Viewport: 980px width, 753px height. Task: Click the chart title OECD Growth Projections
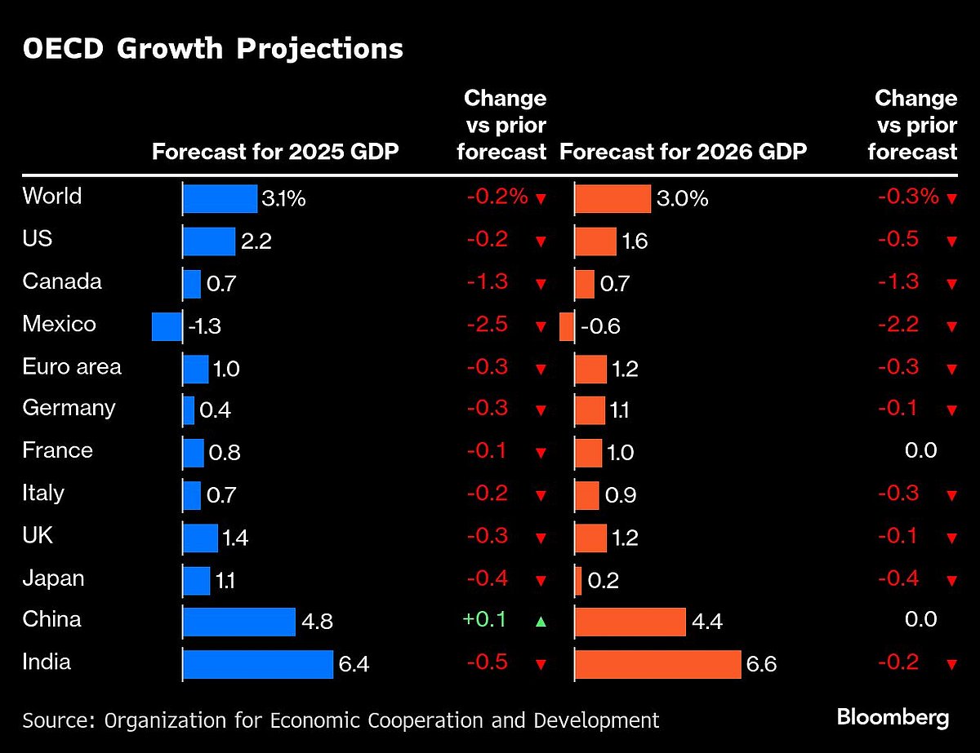212,49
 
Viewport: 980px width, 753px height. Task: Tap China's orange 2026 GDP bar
630,622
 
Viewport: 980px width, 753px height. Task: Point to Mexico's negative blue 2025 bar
167,326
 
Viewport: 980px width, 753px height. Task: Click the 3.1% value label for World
283,198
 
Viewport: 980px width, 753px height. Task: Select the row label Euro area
72,367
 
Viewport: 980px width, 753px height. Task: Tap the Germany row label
69,408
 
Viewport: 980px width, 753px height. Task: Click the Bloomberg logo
893,718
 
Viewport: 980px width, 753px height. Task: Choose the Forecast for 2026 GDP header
683,152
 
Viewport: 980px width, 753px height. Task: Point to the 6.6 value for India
760,665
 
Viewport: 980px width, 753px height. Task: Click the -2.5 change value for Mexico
487,325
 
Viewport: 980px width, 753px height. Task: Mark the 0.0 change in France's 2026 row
920,450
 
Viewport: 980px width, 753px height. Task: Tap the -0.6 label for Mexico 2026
600,327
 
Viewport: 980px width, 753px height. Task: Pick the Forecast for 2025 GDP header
275,152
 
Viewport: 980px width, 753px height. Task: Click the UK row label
38,536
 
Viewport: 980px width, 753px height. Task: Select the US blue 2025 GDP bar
209,241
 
